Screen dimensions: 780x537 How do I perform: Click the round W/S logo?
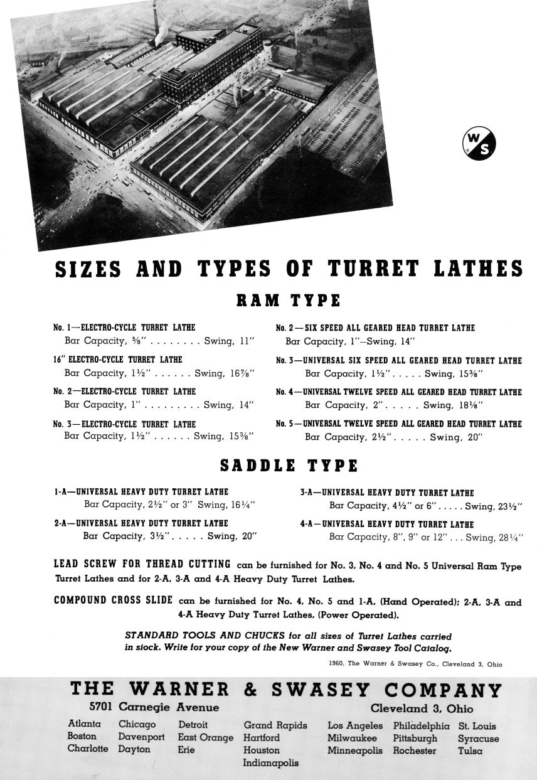click(479, 144)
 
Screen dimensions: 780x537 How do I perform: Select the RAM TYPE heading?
click(288, 301)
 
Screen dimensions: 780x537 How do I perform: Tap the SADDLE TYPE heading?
click(289, 466)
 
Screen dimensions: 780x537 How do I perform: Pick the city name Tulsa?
click(469, 751)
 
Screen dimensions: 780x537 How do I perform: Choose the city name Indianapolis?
click(270, 763)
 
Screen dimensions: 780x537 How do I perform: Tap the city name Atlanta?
click(85, 724)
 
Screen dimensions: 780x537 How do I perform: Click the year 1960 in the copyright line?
click(336, 663)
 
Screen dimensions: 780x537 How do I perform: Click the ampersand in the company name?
click(250, 690)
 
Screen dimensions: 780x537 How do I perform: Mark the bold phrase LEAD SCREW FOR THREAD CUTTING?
click(142, 564)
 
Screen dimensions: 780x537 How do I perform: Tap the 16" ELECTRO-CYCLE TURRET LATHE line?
click(118, 360)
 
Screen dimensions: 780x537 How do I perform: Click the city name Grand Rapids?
click(275, 725)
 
